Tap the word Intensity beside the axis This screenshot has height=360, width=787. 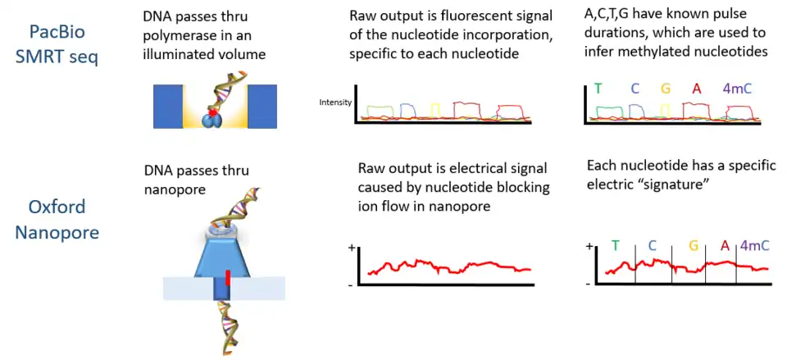coord(335,103)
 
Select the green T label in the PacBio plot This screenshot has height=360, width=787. coord(598,89)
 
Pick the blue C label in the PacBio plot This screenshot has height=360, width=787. coord(635,89)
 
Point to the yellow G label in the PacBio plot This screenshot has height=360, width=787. coord(665,89)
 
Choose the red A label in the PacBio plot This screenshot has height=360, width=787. coord(696,89)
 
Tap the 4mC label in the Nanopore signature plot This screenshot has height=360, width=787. coord(755,245)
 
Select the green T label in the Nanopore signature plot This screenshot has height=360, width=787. coord(615,246)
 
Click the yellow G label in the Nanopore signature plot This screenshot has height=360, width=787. coord(694,245)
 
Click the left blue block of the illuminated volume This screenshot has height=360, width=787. coord(168,106)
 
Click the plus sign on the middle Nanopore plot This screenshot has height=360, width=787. coord(352,248)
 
